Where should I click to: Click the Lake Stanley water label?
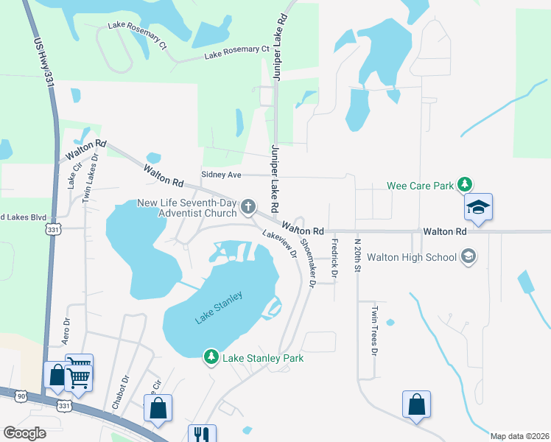click(x=219, y=307)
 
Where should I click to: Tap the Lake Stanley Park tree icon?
click(x=211, y=357)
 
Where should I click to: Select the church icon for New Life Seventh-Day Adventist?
click(x=249, y=206)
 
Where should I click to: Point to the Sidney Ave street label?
click(x=222, y=175)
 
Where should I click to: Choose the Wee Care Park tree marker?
click(x=464, y=185)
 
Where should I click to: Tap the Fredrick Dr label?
click(x=334, y=258)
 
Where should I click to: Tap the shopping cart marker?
click(x=79, y=377)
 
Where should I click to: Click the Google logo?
click(x=25, y=433)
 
